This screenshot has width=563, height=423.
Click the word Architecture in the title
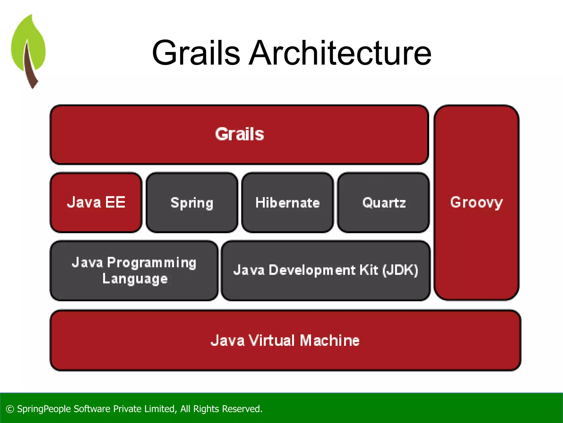340,53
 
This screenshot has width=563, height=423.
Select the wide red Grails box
239,135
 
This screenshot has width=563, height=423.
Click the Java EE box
96,202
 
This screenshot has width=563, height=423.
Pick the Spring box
192,202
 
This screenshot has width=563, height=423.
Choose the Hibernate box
288,202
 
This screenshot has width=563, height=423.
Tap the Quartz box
384,202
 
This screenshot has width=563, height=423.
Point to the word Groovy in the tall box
476,202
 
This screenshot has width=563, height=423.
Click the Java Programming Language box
134,270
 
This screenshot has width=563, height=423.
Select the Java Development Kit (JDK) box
326,270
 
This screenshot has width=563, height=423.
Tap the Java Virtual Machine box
285,340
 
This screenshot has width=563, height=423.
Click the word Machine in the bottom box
329,340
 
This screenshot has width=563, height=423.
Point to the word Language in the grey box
135,279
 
